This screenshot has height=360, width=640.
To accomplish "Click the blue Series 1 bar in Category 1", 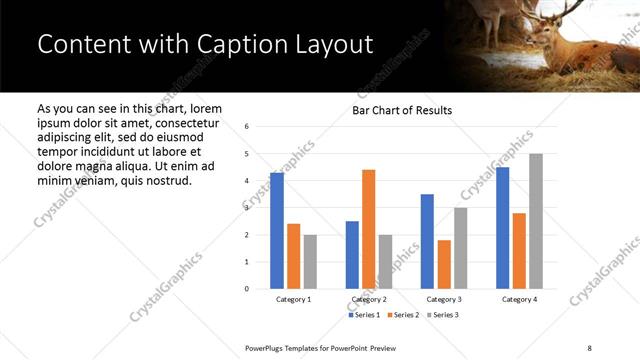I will (277, 231).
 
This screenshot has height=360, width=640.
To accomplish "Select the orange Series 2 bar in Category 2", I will (368, 229).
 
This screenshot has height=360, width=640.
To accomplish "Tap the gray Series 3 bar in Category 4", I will (535, 221).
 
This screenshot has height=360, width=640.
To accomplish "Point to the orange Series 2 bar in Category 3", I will (444, 264).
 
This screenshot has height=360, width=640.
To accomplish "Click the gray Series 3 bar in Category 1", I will (310, 262).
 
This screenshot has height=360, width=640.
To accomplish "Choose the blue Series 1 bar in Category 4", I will (502, 228).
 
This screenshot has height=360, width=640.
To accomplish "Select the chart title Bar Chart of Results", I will (402, 110).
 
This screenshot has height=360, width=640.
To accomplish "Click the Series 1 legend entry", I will (366, 315).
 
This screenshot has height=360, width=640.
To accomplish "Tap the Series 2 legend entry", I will (402, 315).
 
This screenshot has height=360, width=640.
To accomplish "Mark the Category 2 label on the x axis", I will (368, 299).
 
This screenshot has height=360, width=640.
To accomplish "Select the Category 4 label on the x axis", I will (518, 299).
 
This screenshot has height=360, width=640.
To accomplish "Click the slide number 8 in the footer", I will (588, 348).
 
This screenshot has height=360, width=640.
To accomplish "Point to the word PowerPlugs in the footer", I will (269, 348).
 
